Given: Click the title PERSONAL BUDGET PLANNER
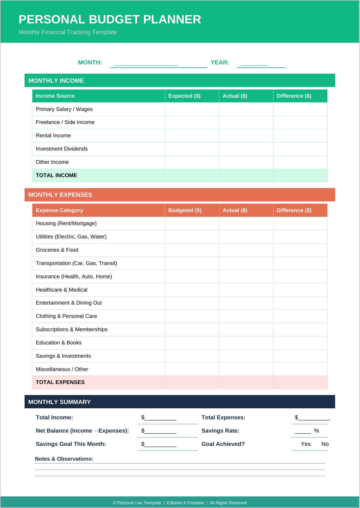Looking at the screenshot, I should point(110,20).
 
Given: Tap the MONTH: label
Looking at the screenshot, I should point(90,62).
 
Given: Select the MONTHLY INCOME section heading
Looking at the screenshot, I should point(56,81).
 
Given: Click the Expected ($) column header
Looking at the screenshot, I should point(184,96).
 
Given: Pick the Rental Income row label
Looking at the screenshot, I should point(53,136).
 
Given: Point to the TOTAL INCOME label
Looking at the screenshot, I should point(56,175).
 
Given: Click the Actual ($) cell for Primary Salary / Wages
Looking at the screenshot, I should point(246,109).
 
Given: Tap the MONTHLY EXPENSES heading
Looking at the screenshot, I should point(60,195).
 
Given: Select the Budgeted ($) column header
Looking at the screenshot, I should point(185,210).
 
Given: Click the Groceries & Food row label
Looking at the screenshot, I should point(57,250).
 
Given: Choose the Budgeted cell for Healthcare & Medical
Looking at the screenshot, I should point(192,290).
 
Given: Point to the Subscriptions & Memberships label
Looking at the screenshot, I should point(72,329).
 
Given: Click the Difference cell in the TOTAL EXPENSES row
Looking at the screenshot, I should point(300,382).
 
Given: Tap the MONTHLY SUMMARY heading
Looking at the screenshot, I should point(60,402).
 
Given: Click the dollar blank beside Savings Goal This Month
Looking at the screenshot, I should point(160,444).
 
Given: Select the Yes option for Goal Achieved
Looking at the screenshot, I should point(306,444).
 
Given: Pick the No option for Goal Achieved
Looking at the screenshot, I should point(325,444).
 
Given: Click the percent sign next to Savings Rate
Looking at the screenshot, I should point(316,431).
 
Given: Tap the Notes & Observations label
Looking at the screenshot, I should point(64,459).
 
